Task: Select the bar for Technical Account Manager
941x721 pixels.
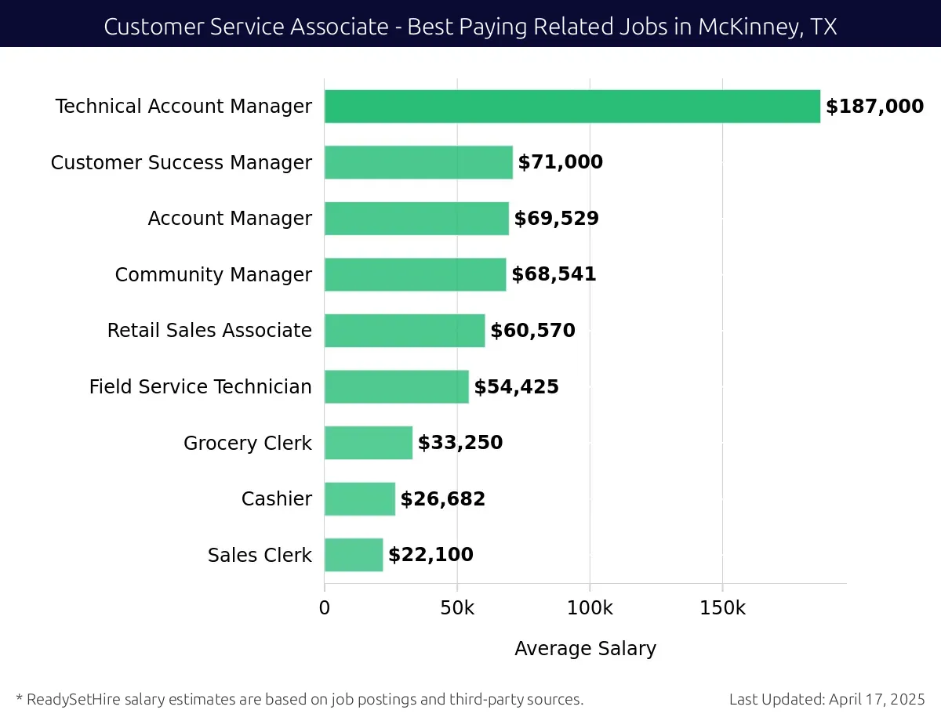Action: click(572, 107)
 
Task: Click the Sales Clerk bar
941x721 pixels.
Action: click(354, 555)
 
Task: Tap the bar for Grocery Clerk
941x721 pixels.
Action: click(369, 443)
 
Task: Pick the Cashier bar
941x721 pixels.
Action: click(360, 499)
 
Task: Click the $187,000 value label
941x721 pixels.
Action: click(874, 107)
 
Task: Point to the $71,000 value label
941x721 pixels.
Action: click(560, 162)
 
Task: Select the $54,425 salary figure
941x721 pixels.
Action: click(516, 386)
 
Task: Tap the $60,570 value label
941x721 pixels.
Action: click(532, 331)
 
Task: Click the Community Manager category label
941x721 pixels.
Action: click(213, 275)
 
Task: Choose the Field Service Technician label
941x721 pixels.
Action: click(200, 387)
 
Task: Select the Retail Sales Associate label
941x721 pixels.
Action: click(209, 331)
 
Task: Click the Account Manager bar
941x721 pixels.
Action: click(416, 219)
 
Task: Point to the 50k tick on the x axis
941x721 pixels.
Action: click(456, 608)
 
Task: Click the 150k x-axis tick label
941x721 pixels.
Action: click(722, 608)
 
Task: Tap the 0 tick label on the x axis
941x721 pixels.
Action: click(325, 608)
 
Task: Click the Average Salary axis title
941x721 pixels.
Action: click(585, 649)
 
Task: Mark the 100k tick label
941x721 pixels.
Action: click(589, 608)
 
